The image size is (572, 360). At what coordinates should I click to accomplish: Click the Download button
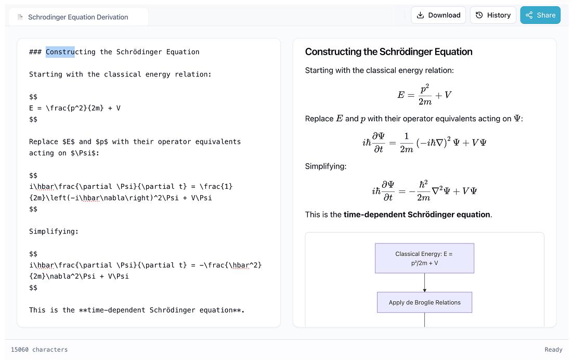[x=438, y=15]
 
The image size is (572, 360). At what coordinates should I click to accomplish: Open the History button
[x=493, y=15]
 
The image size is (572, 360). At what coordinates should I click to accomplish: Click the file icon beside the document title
[x=20, y=17]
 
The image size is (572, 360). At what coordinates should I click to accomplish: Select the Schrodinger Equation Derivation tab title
[x=78, y=17]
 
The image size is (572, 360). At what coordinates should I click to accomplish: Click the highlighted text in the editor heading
[x=60, y=52]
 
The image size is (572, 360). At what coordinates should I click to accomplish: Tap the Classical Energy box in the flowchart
[x=424, y=258]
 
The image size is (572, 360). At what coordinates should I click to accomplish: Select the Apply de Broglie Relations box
[x=424, y=302]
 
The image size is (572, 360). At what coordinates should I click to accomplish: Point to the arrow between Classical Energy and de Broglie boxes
[x=424, y=282]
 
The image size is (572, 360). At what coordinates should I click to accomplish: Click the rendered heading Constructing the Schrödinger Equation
[x=388, y=52]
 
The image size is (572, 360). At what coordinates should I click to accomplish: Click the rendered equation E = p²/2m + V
[x=424, y=95]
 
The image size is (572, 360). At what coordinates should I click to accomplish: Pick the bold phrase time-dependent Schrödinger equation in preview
[x=417, y=214]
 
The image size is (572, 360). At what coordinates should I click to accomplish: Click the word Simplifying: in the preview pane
[x=326, y=166]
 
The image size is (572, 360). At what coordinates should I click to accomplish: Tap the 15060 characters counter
[x=40, y=350]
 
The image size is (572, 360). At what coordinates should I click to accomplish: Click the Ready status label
[x=553, y=350]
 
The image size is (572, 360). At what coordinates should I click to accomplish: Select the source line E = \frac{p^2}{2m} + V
[x=75, y=108]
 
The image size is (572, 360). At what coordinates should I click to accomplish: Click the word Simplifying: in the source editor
[x=54, y=232]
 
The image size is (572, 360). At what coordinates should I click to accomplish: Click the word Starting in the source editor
[x=46, y=74]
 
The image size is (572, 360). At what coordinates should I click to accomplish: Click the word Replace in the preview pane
[x=319, y=119]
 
